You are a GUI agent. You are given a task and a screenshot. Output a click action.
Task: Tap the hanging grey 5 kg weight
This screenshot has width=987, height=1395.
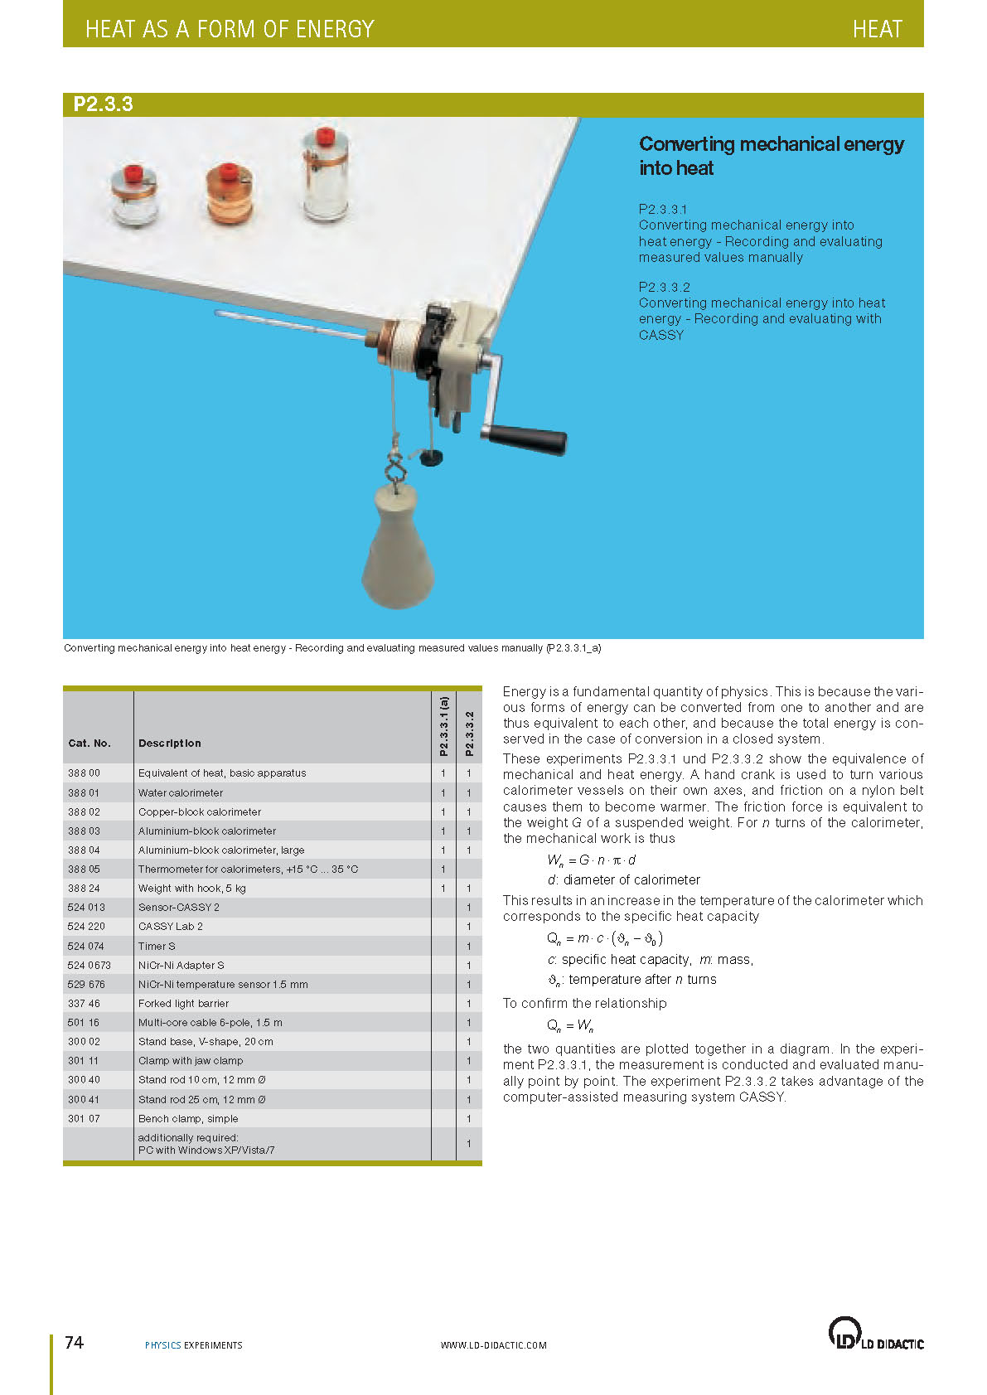pos(399,548)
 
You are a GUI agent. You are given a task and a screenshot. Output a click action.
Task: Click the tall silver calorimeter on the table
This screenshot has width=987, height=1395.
pos(326,176)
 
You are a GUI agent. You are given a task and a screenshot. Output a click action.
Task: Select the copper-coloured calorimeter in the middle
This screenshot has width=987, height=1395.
pos(229,194)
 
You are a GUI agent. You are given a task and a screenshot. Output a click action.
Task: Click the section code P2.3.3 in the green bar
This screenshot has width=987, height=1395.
pos(104,104)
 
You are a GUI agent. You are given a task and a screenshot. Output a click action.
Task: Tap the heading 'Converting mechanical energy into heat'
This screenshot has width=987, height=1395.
pos(771,156)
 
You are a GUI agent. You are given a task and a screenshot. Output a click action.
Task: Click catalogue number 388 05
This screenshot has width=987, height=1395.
pos(84,869)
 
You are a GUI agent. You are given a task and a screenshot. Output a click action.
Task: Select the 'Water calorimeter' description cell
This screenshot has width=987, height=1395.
pos(181,793)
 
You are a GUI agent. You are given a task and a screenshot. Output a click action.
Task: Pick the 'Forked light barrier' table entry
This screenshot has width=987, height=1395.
pos(183,1004)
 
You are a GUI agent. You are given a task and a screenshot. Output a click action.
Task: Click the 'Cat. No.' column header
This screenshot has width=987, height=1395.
pos(90,744)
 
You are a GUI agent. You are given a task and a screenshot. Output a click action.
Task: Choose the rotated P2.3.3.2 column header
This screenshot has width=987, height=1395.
pos(469,733)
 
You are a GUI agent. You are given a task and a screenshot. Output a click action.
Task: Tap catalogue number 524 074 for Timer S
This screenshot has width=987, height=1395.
pos(86,946)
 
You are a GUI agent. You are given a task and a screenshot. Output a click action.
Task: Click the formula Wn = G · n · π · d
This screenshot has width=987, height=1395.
pos(591,860)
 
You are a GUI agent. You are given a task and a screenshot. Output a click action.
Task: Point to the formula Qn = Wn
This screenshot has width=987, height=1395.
pos(570,1025)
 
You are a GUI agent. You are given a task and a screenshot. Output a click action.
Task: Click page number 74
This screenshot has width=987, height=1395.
pos(74,1342)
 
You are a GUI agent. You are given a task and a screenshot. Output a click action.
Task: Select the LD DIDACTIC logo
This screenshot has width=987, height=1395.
pos(875,1334)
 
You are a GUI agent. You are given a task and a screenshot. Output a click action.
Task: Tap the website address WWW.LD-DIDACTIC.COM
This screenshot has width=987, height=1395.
pos(493,1345)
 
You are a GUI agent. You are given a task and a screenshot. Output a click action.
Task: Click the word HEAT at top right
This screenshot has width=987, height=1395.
pos(877,29)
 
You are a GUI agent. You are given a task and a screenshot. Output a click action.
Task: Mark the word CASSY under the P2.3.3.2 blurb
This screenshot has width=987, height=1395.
pos(661,335)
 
